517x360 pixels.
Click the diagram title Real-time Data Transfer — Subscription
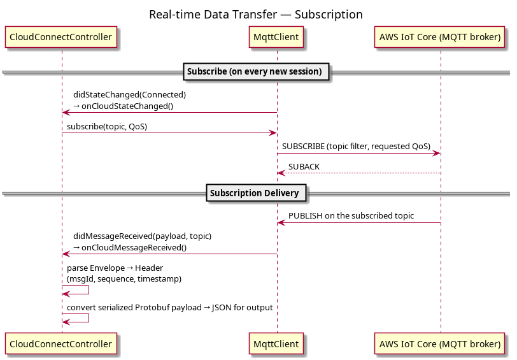click(256, 15)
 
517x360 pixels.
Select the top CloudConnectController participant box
click(61, 37)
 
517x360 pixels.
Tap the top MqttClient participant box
click(276, 37)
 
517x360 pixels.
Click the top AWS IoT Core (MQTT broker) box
click(440, 37)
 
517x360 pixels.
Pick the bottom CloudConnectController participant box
click(61, 344)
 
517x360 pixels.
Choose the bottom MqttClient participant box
click(276, 344)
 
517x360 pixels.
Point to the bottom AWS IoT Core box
click(440, 344)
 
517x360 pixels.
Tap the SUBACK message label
click(304, 167)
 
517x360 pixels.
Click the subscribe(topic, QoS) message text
click(107, 127)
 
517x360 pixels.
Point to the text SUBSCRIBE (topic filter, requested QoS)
click(356, 147)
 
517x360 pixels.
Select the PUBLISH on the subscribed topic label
click(351, 216)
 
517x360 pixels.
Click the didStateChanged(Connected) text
click(130, 95)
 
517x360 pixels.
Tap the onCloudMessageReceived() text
click(134, 248)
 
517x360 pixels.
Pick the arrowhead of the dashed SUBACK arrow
click(281, 173)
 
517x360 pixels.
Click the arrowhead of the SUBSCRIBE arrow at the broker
click(437, 153)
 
